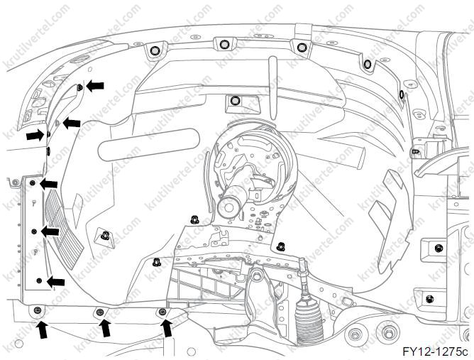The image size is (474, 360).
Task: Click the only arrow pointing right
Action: pyautogui.click(x=35, y=135)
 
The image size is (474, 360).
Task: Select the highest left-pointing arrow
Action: pyautogui.click(x=95, y=86)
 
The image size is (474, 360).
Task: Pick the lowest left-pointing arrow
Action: pyautogui.click(x=56, y=282)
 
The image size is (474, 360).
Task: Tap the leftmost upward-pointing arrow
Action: pyautogui.click(x=43, y=330)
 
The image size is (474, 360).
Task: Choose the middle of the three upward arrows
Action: pyautogui.click(x=105, y=329)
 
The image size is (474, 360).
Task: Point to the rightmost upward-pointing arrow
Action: pyautogui.click(x=166, y=329)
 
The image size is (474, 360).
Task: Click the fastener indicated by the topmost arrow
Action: pyautogui.click(x=79, y=88)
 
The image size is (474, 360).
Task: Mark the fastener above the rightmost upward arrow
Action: pyautogui.click(x=162, y=312)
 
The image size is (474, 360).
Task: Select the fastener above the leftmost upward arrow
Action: pyautogui.click(x=38, y=310)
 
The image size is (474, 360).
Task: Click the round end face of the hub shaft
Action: pyautogui.click(x=229, y=207)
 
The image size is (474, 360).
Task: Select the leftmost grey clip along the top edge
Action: pyautogui.click(x=155, y=50)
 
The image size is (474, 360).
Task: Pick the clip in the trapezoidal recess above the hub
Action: pyautogui.click(x=234, y=101)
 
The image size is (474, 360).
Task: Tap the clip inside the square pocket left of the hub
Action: pyautogui.click(x=105, y=235)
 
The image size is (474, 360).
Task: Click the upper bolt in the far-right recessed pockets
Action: pyautogui.click(x=438, y=249)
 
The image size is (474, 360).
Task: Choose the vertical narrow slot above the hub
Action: pyautogui.click(x=273, y=88)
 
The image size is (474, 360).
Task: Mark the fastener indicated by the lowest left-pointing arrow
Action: pyautogui.click(x=39, y=280)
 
